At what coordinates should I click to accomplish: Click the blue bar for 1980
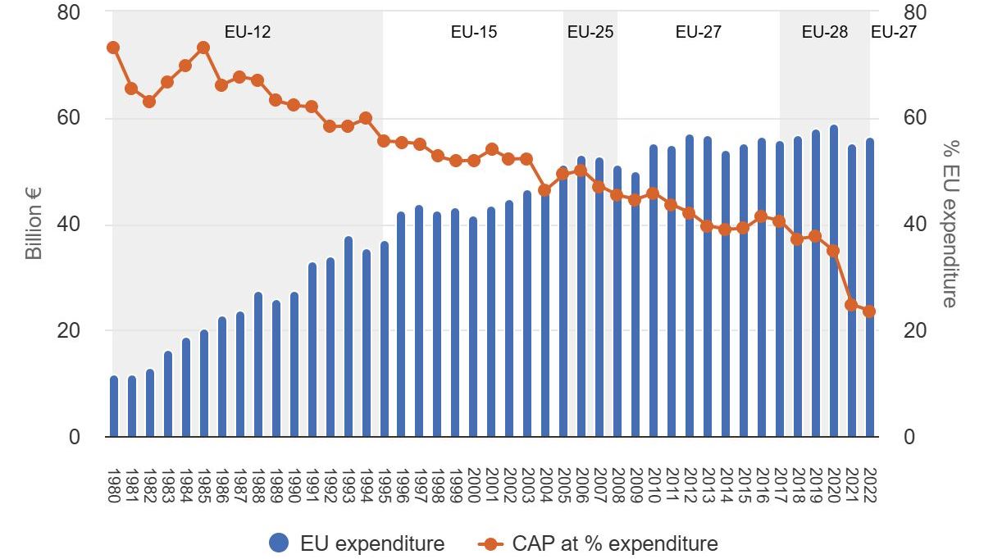click(x=113, y=407)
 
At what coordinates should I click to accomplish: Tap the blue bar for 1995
click(x=384, y=339)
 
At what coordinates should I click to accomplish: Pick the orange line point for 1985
click(x=203, y=48)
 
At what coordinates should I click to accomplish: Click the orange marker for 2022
click(x=869, y=311)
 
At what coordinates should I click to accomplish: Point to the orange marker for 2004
click(x=545, y=190)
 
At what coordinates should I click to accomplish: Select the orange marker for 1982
click(x=149, y=102)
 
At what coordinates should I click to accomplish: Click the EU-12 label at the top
click(x=248, y=32)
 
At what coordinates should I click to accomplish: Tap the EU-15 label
click(x=474, y=32)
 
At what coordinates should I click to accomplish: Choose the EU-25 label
click(x=590, y=32)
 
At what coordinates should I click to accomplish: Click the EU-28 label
click(x=824, y=32)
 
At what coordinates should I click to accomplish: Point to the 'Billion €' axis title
click(x=33, y=224)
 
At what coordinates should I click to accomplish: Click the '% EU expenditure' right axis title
click(x=950, y=224)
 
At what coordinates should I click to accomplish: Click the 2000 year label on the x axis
click(x=474, y=487)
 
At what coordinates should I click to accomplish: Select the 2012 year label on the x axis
click(x=690, y=487)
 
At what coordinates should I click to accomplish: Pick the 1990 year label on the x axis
click(x=294, y=487)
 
